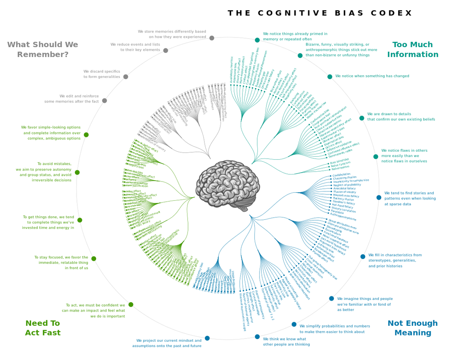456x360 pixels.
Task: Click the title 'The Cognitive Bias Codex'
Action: [320, 13]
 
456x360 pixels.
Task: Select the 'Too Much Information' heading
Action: [412, 50]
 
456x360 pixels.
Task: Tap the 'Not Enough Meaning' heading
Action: [412, 328]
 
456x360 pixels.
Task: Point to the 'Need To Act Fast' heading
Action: [43, 328]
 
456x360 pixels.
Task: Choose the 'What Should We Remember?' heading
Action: [43, 50]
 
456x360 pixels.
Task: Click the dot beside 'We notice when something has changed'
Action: [330, 77]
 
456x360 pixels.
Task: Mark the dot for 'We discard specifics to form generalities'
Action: [126, 77]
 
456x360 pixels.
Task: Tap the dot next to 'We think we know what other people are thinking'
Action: [257, 336]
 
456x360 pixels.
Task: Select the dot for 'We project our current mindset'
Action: [207, 338]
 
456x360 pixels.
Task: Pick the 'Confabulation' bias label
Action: [342, 175]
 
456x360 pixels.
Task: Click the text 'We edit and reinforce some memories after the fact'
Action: [71, 99]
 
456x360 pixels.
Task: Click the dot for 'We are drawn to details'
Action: [362, 118]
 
